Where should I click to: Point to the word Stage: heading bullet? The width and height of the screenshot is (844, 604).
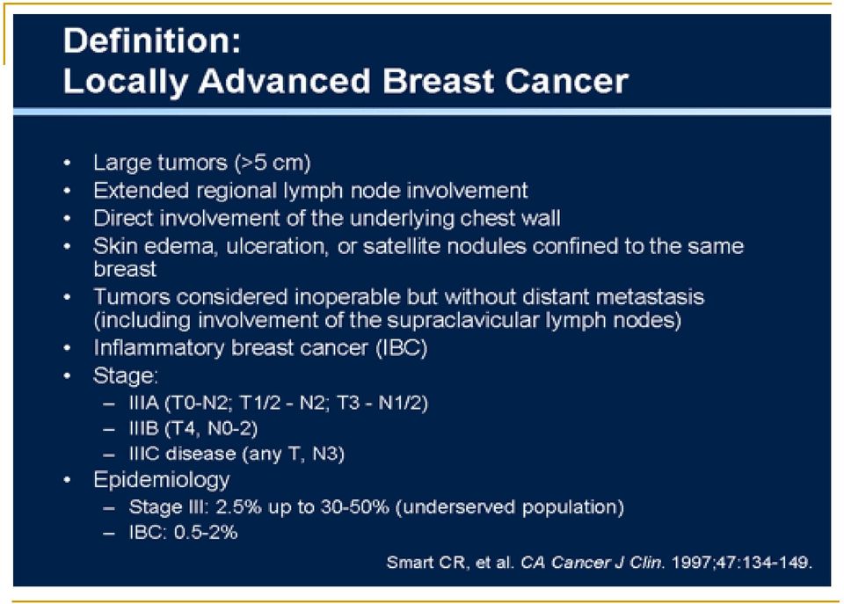point(126,375)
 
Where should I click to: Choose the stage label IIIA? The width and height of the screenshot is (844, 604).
point(143,403)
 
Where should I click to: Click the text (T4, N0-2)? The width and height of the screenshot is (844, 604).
point(211,428)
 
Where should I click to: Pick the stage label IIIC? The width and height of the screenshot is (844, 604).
point(144,454)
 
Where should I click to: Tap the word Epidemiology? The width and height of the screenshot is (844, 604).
point(162,480)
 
